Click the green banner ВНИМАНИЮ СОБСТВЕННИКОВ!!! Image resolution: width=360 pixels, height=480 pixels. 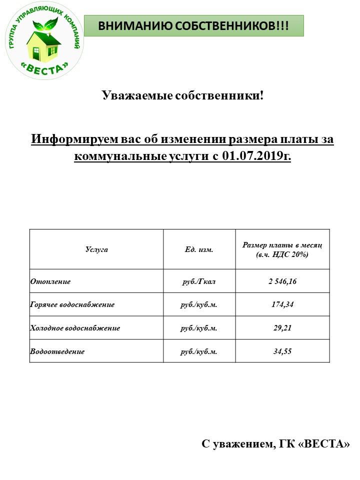193,25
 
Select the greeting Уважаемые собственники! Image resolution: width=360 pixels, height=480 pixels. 182,95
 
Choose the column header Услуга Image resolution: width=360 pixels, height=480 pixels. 96,249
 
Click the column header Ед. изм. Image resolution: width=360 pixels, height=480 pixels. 199,249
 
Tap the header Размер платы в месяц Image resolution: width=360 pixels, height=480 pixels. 282,245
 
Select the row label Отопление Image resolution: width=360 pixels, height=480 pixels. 50,281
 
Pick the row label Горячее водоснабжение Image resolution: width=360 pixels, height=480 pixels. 72,304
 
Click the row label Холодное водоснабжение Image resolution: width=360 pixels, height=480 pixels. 75,328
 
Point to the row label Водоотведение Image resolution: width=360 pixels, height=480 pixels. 57,351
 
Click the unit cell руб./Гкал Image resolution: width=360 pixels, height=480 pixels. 199,281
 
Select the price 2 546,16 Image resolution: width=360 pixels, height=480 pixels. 282,281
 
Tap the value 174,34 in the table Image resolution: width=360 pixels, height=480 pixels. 282,304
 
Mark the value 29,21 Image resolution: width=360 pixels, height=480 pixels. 282,328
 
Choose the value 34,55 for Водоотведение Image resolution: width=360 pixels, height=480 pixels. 282,351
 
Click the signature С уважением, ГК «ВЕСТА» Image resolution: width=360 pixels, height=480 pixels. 275,444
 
